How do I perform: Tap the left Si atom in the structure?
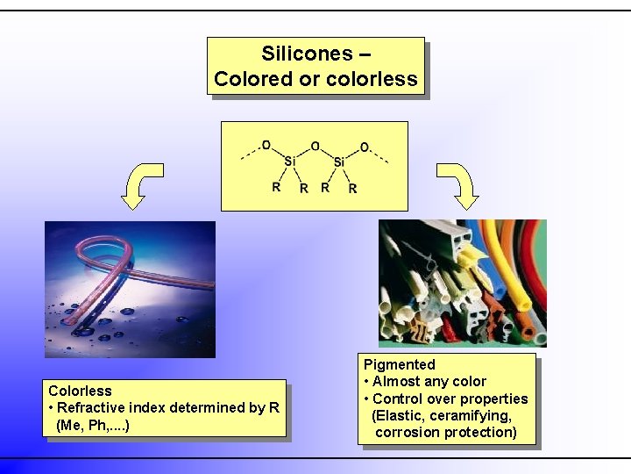pyautogui.click(x=289, y=162)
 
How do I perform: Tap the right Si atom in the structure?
pyautogui.click(x=339, y=162)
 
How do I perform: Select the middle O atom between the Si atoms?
pyautogui.click(x=315, y=147)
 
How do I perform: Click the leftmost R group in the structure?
pyautogui.click(x=276, y=187)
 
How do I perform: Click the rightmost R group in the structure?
pyautogui.click(x=352, y=188)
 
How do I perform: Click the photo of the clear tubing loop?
pyautogui.click(x=130, y=289)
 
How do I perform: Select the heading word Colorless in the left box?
pyautogui.click(x=80, y=391)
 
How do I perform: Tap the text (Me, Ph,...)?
pyautogui.click(x=92, y=425)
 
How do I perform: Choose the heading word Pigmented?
pyautogui.click(x=399, y=364)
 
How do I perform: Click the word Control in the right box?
pyautogui.click(x=397, y=399)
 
